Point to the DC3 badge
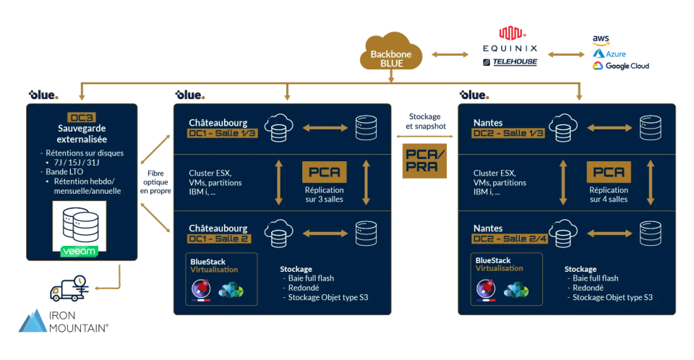pyautogui.click(x=81, y=117)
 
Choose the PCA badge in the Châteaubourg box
pyautogui.click(x=325, y=172)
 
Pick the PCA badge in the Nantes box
pyautogui.click(x=609, y=172)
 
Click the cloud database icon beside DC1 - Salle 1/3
pyautogui.click(x=278, y=127)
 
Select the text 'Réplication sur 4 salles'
pyautogui.click(x=609, y=194)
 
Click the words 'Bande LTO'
pyautogui.click(x=64, y=173)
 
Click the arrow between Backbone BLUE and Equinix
pyautogui.click(x=447, y=53)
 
